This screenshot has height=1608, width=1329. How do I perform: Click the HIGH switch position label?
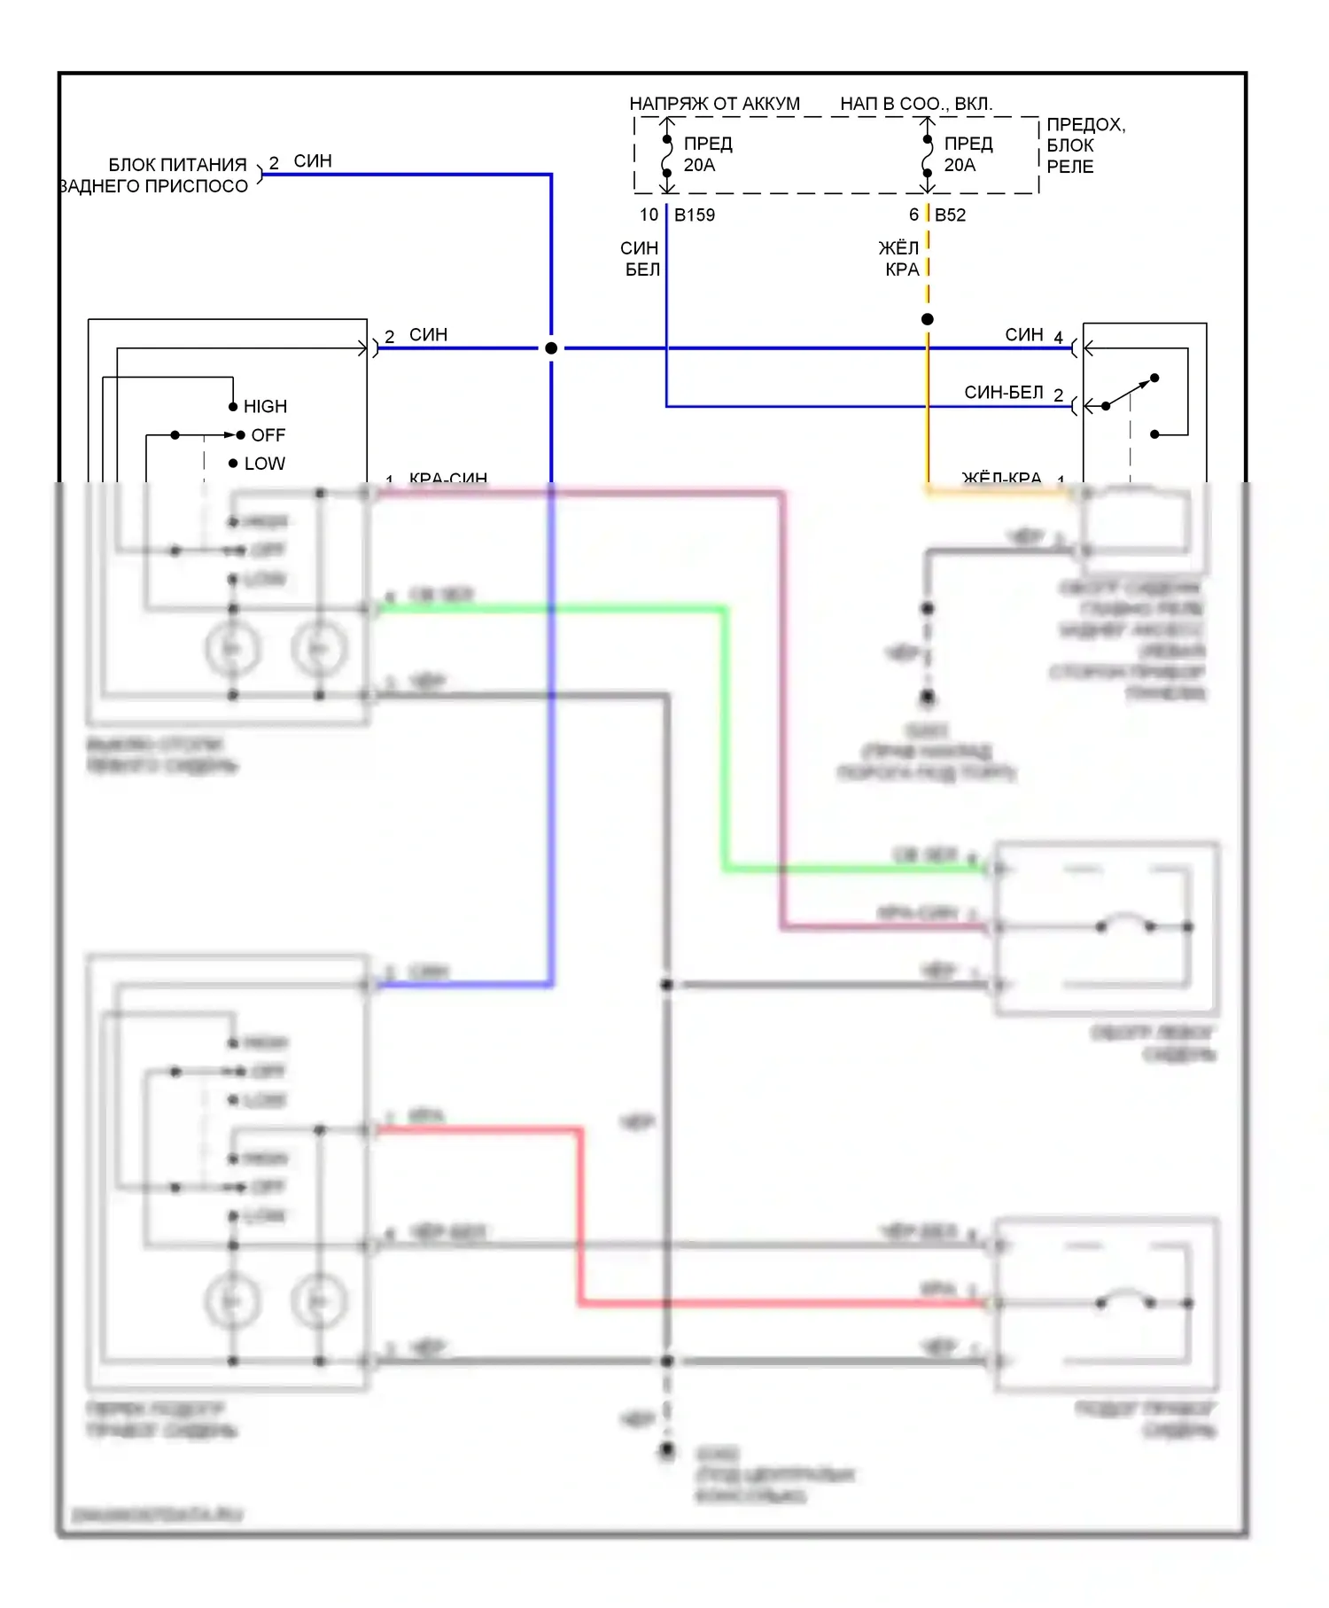click(x=265, y=406)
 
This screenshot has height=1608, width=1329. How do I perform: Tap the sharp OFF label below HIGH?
click(x=268, y=435)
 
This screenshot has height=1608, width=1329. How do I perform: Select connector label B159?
click(x=695, y=215)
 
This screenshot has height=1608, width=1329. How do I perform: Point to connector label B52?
click(x=950, y=215)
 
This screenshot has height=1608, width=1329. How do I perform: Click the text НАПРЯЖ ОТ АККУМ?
click(x=714, y=104)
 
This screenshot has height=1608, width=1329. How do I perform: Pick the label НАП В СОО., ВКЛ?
click(x=916, y=104)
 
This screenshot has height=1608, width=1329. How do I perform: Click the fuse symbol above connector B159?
click(x=667, y=156)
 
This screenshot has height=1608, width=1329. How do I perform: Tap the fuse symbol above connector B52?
click(x=928, y=156)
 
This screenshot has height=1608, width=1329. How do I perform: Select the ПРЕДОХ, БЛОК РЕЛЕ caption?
click(x=1085, y=145)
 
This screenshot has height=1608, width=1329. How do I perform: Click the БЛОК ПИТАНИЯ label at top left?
click(x=177, y=165)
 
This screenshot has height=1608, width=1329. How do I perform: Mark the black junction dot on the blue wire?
click(x=551, y=348)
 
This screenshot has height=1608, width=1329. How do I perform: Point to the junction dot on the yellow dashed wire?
click(x=928, y=319)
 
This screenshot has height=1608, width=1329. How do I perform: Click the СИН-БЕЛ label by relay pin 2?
click(x=1003, y=392)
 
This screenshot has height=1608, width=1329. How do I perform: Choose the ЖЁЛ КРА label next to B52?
click(x=900, y=258)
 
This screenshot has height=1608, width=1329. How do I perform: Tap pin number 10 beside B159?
click(x=649, y=215)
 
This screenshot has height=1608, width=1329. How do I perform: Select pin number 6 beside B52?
click(x=913, y=215)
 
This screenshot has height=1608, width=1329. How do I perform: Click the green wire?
click(x=725, y=736)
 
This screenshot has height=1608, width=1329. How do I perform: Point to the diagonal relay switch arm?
click(x=1131, y=392)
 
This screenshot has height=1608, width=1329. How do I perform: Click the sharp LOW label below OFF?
click(x=264, y=464)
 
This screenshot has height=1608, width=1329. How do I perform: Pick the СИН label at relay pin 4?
click(x=1023, y=334)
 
